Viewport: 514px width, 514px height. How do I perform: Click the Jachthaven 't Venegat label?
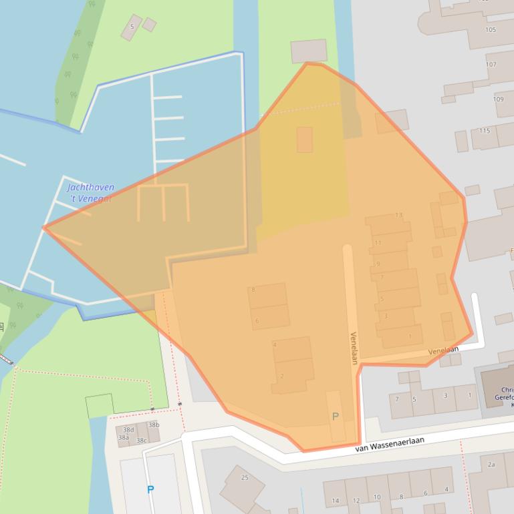click(x=91, y=193)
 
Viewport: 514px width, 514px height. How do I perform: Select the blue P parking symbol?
click(x=150, y=489)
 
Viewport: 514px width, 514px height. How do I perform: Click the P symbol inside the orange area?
click(x=336, y=417)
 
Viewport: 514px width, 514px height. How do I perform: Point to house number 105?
click(x=491, y=30)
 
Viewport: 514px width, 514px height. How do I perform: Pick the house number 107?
click(x=491, y=65)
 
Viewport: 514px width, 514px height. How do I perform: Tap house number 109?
click(x=498, y=99)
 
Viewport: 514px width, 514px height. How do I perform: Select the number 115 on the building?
click(x=485, y=130)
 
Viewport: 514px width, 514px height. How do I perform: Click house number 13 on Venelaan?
click(x=399, y=215)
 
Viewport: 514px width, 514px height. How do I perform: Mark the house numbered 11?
click(x=378, y=242)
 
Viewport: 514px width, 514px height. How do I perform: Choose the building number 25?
click(x=245, y=477)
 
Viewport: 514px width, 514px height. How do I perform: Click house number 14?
click(x=336, y=500)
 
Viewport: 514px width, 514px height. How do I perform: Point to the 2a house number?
click(x=491, y=464)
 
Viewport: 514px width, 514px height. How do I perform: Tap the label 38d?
click(x=128, y=429)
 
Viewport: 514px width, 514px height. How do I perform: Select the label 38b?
click(x=154, y=425)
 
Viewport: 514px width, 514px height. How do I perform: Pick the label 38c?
click(x=141, y=441)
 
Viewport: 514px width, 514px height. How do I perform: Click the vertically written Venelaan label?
click(x=353, y=348)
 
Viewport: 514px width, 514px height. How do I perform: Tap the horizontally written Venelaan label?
click(x=443, y=350)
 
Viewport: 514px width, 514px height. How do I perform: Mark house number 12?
click(x=356, y=500)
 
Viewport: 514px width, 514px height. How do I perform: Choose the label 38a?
click(x=124, y=438)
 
